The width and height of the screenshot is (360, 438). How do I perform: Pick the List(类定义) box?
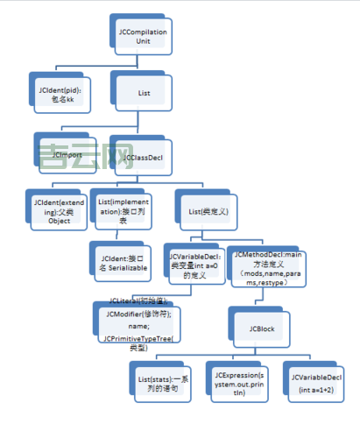[208, 211]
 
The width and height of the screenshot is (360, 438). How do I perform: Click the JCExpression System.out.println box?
[236, 381]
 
